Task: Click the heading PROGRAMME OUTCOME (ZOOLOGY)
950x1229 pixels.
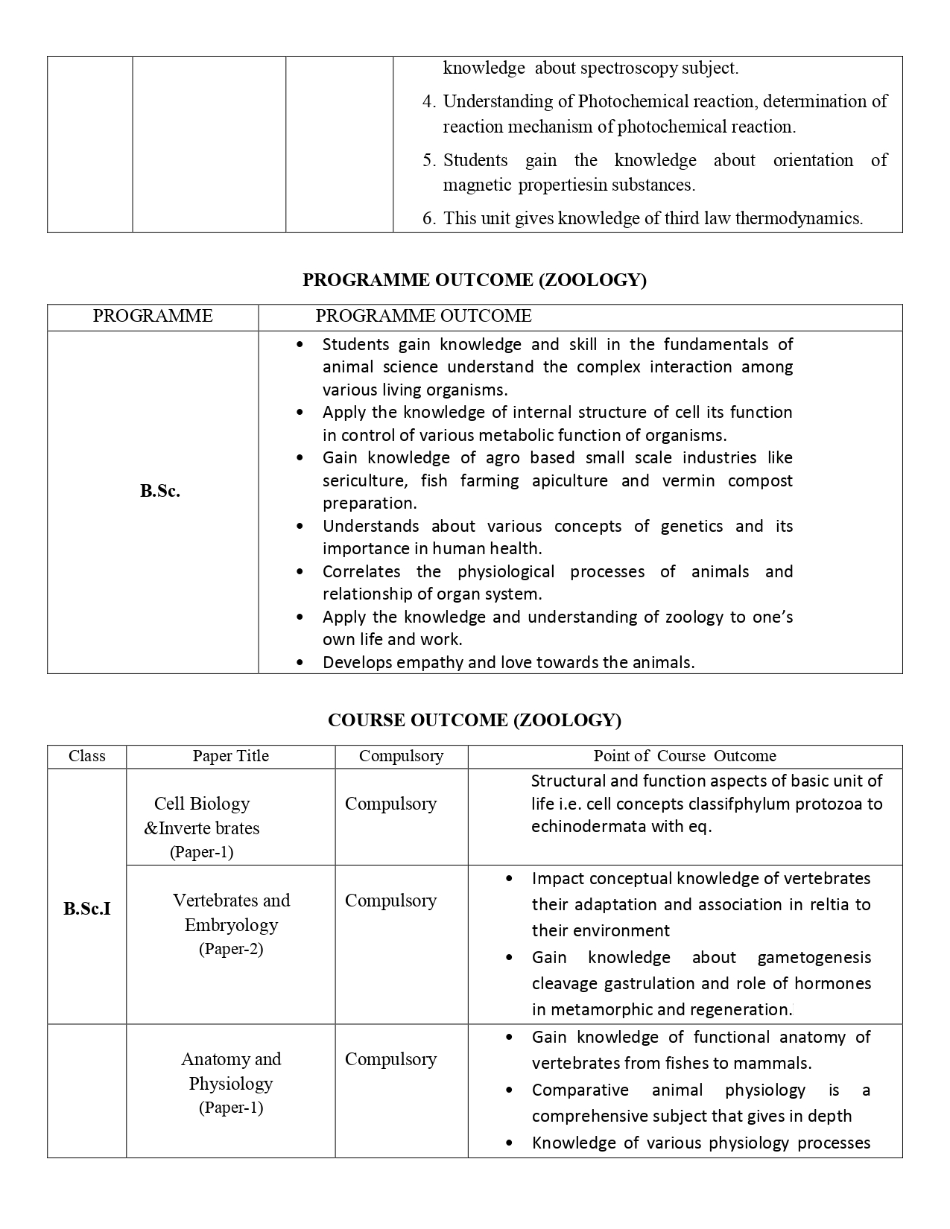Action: coord(474,280)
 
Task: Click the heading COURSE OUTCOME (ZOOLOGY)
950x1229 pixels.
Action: coord(474,720)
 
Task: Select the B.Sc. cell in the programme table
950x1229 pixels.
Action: coord(160,492)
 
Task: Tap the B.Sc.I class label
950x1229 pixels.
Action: coord(87,909)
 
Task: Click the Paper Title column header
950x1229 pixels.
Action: coord(230,756)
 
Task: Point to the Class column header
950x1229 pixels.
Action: coord(86,756)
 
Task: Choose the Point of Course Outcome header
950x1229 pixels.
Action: coord(685,756)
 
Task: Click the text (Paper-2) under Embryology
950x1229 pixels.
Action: coord(231,949)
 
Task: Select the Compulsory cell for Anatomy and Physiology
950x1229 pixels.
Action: coord(390,1059)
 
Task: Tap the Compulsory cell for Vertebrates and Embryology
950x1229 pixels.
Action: coord(390,901)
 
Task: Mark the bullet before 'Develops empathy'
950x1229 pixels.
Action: coord(300,663)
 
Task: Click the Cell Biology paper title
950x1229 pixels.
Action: coord(202,804)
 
